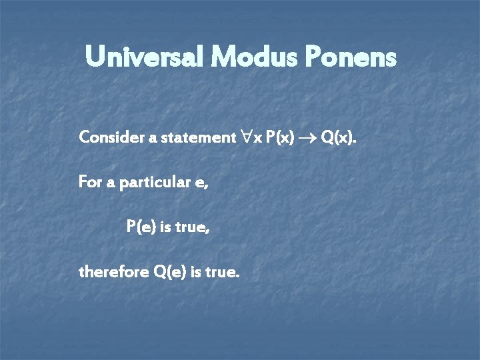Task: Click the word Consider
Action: (x=108, y=137)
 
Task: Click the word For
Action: (x=90, y=182)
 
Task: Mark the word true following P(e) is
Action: (x=193, y=227)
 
